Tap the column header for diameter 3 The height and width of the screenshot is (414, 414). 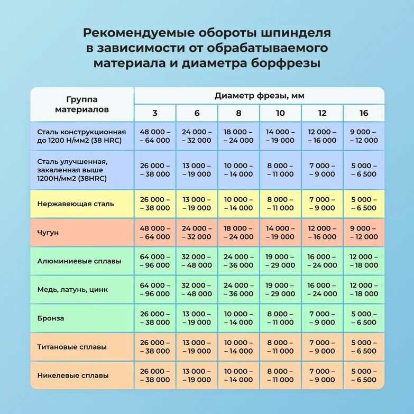tap(155, 113)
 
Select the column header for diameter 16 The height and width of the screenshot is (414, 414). tap(364, 113)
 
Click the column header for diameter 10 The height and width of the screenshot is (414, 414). tap(280, 113)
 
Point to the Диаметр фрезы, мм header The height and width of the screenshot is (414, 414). tap(259, 96)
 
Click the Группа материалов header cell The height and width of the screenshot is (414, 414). tap(82, 104)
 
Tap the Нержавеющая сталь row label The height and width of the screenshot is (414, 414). tap(76, 204)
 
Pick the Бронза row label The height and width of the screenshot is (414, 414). tap(51, 318)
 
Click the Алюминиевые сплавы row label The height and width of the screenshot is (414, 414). tap(79, 261)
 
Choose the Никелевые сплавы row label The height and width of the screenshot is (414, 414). tap(73, 375)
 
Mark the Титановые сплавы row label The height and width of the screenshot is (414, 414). tap(72, 347)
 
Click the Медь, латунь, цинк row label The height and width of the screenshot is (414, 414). tap(73, 290)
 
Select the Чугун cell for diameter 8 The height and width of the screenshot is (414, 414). tap(238, 233)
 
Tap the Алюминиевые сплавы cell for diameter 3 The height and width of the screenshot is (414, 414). tap(155, 261)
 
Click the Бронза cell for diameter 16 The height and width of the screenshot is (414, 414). tap(364, 318)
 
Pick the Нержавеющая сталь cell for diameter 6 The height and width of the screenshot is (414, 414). tap(197, 204)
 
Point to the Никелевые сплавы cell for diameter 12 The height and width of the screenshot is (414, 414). tap(322, 375)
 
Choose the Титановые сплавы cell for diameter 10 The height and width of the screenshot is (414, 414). tap(280, 347)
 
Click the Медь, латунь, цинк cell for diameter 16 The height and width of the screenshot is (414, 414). tap(364, 290)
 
